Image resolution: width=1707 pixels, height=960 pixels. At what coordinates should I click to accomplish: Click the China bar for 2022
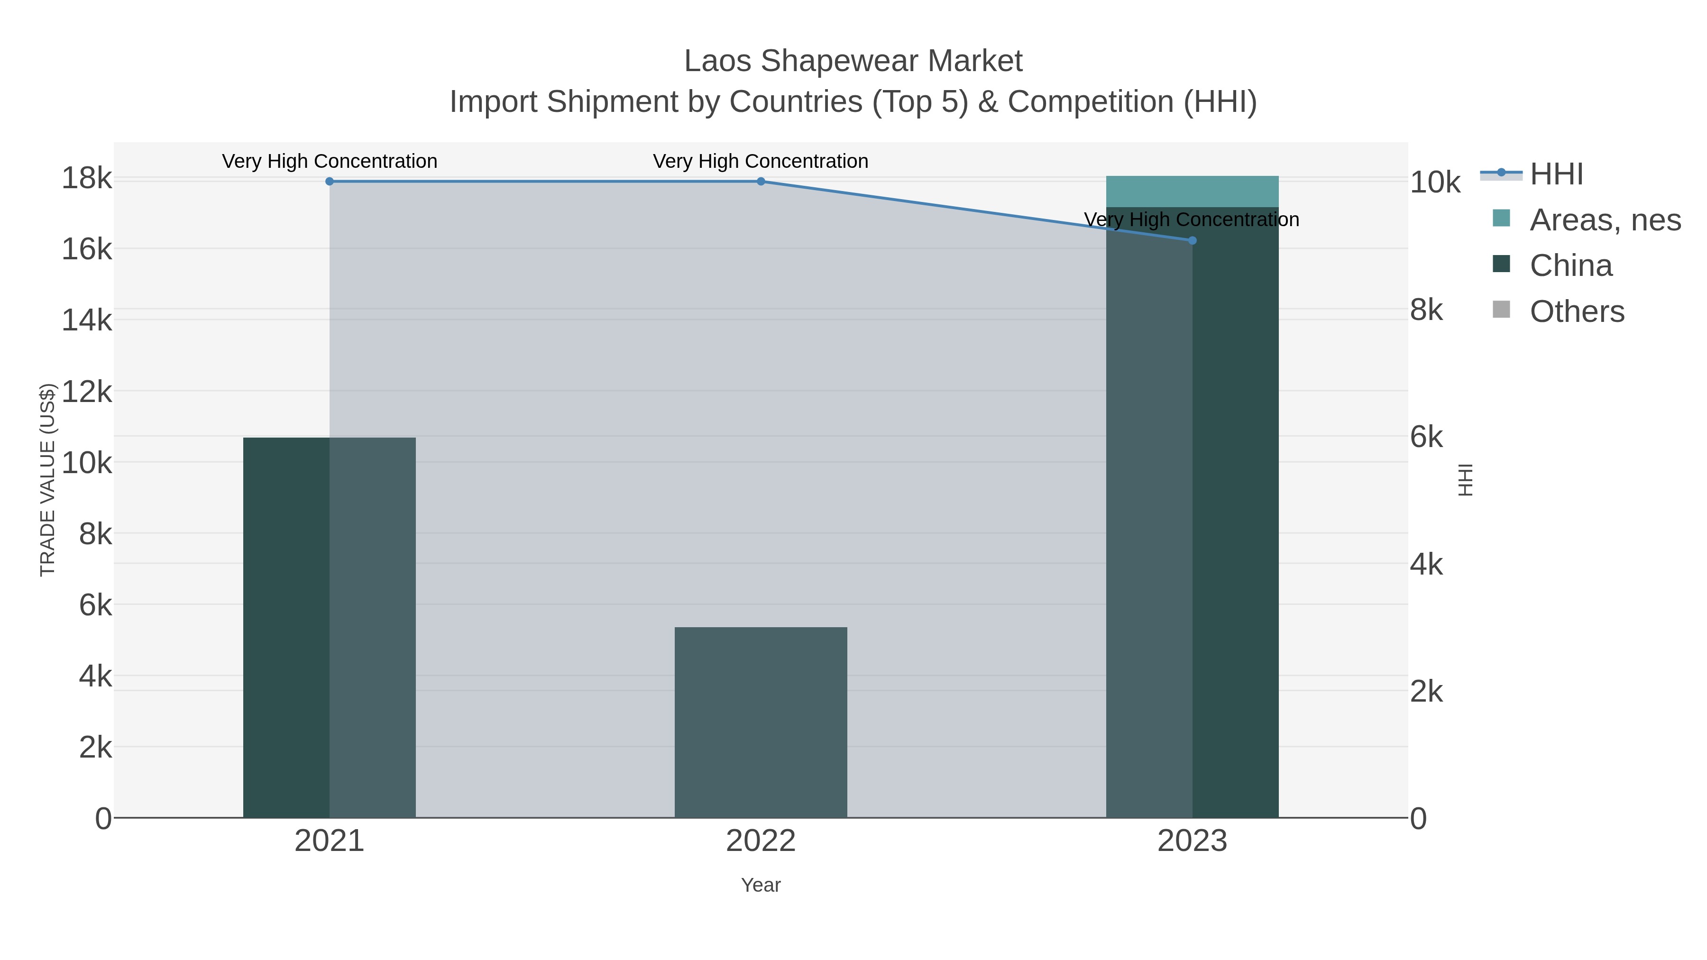[760, 722]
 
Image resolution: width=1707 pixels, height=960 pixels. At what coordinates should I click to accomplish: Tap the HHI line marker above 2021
[330, 182]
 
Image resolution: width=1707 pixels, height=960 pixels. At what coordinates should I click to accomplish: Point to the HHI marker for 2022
[761, 182]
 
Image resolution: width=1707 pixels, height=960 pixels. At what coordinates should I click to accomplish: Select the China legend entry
[1570, 265]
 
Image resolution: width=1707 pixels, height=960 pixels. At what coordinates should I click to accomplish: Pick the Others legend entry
[1577, 311]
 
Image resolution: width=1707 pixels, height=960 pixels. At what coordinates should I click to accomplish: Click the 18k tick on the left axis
[87, 179]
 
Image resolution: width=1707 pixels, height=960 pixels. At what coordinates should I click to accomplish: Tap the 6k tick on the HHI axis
[1426, 437]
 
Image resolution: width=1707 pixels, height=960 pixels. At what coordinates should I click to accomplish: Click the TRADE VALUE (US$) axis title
[48, 480]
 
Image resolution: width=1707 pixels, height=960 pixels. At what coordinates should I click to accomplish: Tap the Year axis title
[761, 885]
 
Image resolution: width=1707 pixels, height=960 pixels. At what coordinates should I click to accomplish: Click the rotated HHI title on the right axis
[1465, 480]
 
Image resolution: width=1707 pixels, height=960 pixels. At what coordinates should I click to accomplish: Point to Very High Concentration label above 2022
[761, 161]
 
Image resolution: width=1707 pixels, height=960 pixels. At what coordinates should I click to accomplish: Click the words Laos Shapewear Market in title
[853, 61]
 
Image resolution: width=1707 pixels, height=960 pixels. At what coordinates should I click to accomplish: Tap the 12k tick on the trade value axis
[87, 392]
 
